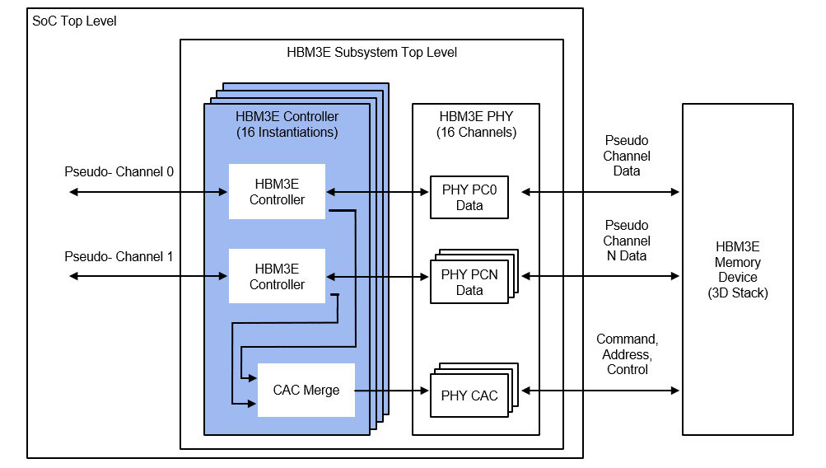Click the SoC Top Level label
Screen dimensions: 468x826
[x=74, y=21]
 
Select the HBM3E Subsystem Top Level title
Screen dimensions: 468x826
[x=371, y=53]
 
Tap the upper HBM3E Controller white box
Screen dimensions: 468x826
[x=277, y=192]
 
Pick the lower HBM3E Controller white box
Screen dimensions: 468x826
[x=277, y=277]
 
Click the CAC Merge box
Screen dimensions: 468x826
[x=306, y=390]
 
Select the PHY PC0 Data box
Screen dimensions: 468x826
[x=469, y=198]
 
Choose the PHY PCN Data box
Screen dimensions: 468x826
[x=469, y=282]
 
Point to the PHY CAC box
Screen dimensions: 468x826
[x=469, y=395]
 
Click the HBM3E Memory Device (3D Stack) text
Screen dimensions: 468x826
[x=737, y=269]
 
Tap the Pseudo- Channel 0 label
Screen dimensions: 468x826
[x=119, y=172]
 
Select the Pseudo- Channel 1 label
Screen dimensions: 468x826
[x=119, y=256]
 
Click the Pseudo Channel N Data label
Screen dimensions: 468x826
[x=627, y=241]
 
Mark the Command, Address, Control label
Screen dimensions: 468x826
[x=627, y=354]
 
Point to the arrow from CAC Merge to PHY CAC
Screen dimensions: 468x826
[x=392, y=390]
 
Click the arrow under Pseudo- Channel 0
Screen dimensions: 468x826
[x=148, y=192]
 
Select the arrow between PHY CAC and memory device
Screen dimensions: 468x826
[x=601, y=390]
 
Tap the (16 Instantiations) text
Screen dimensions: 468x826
[x=287, y=132]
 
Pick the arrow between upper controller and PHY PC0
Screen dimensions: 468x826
[x=377, y=192]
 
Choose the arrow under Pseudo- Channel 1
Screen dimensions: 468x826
[x=148, y=277]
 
